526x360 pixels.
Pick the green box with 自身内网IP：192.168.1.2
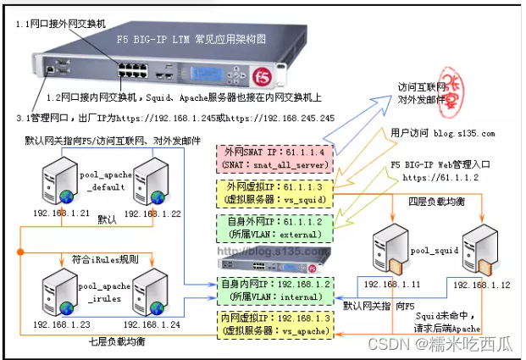click(274, 291)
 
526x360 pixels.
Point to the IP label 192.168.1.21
click(60, 213)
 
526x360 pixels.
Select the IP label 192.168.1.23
click(60, 323)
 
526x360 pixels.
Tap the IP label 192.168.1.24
click(150, 323)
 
